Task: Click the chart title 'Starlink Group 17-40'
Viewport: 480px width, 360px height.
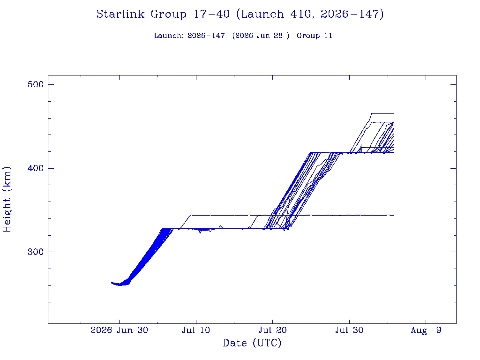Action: tap(163, 14)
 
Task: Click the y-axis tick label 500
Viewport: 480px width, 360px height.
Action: tap(36, 84)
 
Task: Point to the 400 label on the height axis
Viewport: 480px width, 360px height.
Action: tap(36, 168)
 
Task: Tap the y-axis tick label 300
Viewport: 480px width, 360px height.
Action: tap(36, 252)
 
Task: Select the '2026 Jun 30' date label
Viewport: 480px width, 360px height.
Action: tap(119, 330)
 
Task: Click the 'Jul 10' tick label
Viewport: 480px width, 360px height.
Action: tap(196, 330)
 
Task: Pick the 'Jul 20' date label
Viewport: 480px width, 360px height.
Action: tap(272, 330)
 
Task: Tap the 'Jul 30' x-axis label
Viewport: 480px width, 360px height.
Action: tap(349, 330)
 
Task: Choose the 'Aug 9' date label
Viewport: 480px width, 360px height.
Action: tap(426, 330)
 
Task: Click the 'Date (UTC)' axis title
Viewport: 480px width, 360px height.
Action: tap(252, 343)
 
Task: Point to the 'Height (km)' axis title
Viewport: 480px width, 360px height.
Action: tap(7, 199)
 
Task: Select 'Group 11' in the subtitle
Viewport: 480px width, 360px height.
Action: tap(315, 36)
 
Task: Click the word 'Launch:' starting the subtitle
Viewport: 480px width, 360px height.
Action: tap(169, 36)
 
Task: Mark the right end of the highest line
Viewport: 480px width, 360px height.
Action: tap(394, 114)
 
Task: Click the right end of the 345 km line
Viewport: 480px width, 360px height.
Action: tap(394, 216)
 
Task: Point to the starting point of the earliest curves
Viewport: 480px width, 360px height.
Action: tap(111, 283)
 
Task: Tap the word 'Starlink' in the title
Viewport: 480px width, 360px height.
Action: tap(120, 14)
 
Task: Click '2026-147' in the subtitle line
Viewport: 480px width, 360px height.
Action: tap(206, 36)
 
